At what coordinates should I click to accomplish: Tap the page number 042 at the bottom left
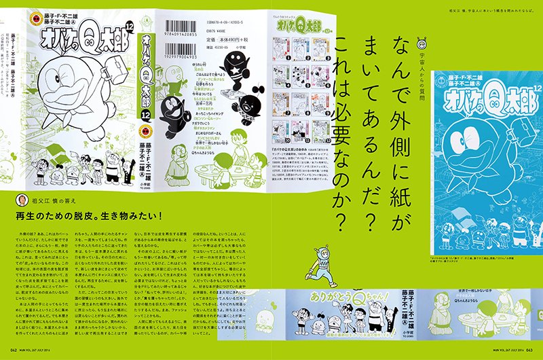(9, 353)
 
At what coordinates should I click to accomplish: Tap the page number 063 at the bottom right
(533, 353)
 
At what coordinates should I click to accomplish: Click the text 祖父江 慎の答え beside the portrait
(56, 201)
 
